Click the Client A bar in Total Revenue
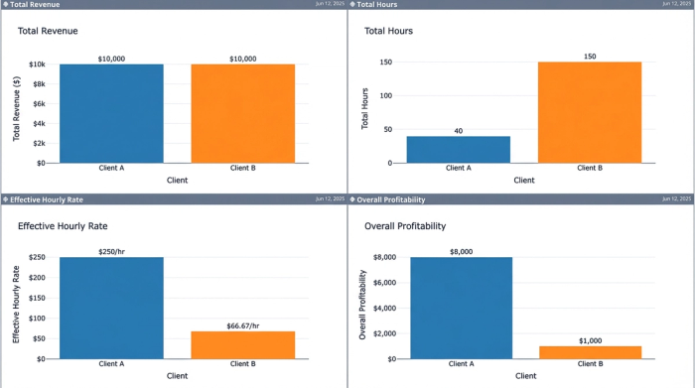[111, 113]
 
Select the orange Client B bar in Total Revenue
[243, 113]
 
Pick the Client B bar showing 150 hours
[590, 112]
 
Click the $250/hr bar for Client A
[111, 308]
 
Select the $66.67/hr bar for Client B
[243, 344]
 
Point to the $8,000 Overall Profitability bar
[461, 308]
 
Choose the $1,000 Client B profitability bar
[591, 352]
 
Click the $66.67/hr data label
[243, 325]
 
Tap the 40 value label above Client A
[458, 131]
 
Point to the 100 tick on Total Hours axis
[386, 96]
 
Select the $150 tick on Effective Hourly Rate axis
[35, 298]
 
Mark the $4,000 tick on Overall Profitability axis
[382, 308]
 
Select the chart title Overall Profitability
[405, 226]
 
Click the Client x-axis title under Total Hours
[523, 181]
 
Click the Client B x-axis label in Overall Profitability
[591, 364]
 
